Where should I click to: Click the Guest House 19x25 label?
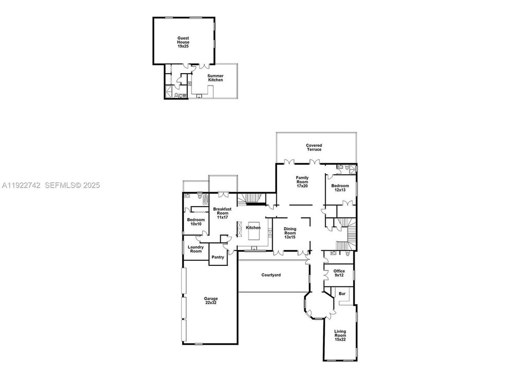tap(183, 42)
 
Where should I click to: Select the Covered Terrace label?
tap(314, 147)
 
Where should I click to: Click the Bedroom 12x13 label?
tap(340, 188)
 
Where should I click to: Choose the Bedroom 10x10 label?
tap(196, 222)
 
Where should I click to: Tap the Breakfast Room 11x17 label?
tap(223, 213)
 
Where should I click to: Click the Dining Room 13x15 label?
tap(290, 234)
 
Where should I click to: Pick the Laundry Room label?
tap(196, 249)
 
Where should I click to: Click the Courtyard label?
tap(271, 275)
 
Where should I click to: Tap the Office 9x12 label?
tap(339, 273)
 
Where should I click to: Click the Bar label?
tap(341, 294)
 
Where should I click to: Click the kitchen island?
tap(256, 234)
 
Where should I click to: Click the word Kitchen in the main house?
tap(253, 227)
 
